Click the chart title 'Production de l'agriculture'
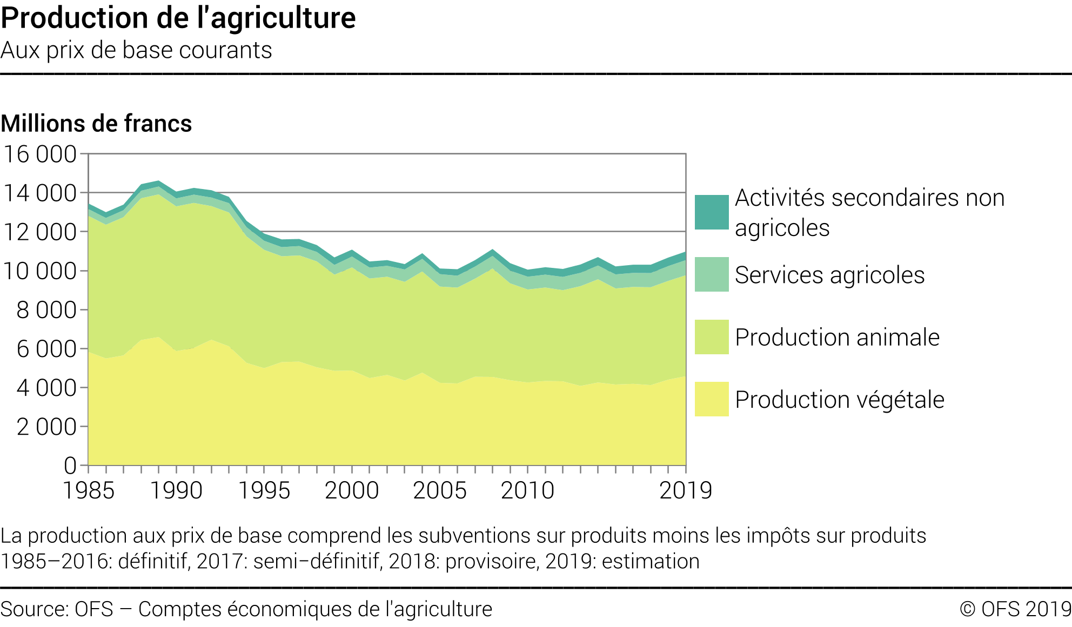(x=178, y=18)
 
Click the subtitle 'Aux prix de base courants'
(x=136, y=50)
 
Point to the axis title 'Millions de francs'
(x=96, y=124)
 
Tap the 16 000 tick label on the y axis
(x=40, y=154)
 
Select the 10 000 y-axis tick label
(x=40, y=271)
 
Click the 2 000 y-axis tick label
(x=46, y=427)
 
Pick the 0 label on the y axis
(x=70, y=466)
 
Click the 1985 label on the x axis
(x=89, y=490)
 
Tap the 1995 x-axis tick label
(x=264, y=490)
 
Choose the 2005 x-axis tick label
(x=440, y=490)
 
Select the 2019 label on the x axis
(x=686, y=490)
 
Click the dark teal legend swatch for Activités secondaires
(x=712, y=212)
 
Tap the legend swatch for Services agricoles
(x=712, y=274)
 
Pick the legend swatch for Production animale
(x=712, y=337)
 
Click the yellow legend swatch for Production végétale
(x=712, y=399)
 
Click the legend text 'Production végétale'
(x=840, y=400)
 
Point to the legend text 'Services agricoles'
(x=829, y=275)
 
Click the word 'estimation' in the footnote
(x=651, y=562)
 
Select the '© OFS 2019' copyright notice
(x=1015, y=609)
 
